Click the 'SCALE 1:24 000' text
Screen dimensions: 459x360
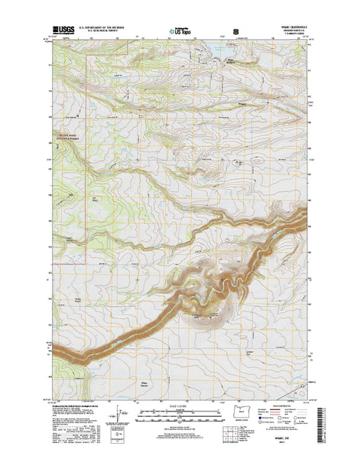[x=180, y=405]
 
